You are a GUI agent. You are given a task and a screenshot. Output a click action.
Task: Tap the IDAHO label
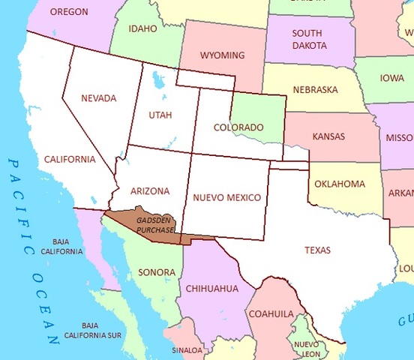pyautogui.click(x=143, y=29)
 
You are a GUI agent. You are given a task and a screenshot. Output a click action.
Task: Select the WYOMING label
pyautogui.click(x=222, y=55)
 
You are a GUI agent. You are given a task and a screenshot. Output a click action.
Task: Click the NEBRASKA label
pyautogui.click(x=315, y=89)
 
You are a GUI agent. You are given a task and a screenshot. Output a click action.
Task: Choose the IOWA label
pyautogui.click(x=391, y=77)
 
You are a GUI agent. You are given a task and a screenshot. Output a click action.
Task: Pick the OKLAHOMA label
pyautogui.click(x=340, y=184)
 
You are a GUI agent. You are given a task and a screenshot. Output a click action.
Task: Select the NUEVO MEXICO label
pyautogui.click(x=226, y=197)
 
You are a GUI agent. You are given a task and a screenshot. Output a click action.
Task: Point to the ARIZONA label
pyautogui.click(x=149, y=190)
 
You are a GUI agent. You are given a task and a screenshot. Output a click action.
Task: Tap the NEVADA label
pyautogui.click(x=98, y=98)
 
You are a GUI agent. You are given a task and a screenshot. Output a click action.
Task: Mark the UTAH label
pyautogui.click(x=160, y=115)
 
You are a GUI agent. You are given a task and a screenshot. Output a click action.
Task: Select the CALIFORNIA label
pyautogui.click(x=70, y=159)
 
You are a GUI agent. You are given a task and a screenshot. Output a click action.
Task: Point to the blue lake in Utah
pyautogui.click(x=156, y=79)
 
